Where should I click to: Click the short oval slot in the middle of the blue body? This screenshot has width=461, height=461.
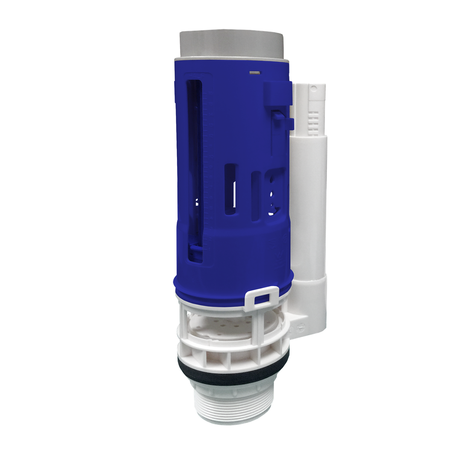(230, 188)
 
